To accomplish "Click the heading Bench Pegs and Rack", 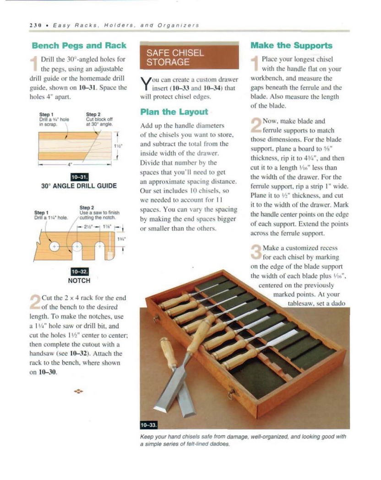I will [x=79, y=46].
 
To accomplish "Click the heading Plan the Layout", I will [x=174, y=112].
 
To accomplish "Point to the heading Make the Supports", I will [x=291, y=45].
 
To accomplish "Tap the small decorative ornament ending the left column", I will [x=79, y=391].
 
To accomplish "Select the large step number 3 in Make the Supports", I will [x=256, y=254].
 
